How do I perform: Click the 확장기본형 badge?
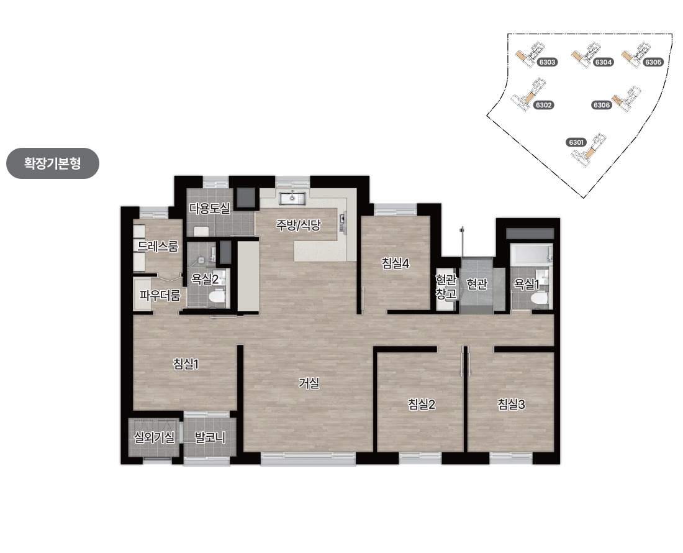pos(53,163)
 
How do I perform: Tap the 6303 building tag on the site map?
pos(547,62)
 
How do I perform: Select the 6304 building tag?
pos(604,62)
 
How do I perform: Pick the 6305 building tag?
pos(653,62)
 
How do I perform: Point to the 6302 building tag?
pos(544,105)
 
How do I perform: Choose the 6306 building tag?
pos(602,105)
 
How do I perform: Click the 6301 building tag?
pos(576,142)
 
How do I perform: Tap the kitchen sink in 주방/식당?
pos(293,198)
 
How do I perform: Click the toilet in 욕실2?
pos(217,297)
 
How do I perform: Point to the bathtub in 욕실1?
pos(531,255)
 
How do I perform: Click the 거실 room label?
pos(309,383)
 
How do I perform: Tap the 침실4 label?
pos(396,263)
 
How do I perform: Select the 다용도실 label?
pos(209,208)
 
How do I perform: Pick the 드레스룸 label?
pos(158,246)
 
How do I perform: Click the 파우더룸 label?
pos(160,296)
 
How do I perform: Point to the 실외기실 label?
pos(154,437)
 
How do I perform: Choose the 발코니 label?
pos(210,437)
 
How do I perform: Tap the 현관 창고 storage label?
pos(446,286)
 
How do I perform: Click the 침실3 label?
pos(512,404)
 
